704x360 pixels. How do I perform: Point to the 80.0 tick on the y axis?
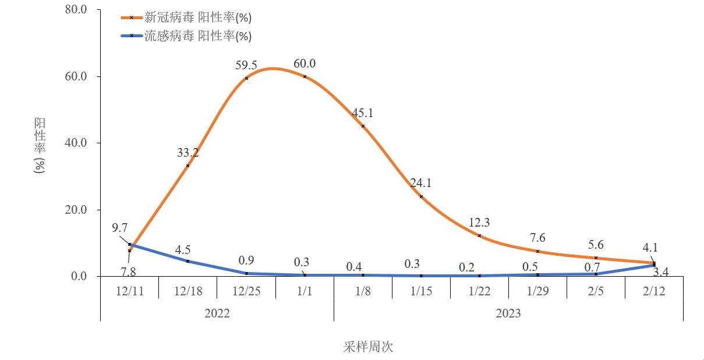click(75, 10)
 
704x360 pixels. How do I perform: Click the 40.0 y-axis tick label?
click(75, 143)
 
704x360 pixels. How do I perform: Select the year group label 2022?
click(217, 313)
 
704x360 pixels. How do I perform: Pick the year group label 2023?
click(508, 313)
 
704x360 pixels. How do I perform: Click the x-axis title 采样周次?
click(368, 347)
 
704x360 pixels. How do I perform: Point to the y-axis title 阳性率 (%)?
click(40, 146)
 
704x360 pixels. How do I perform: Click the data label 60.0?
click(305, 63)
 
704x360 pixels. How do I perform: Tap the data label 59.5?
click(246, 65)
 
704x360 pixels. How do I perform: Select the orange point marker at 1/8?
click(363, 126)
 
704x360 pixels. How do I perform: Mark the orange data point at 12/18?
click(188, 165)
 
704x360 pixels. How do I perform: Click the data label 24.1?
click(421, 183)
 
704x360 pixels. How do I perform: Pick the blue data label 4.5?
click(183, 250)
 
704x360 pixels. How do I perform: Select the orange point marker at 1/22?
click(479, 235)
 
